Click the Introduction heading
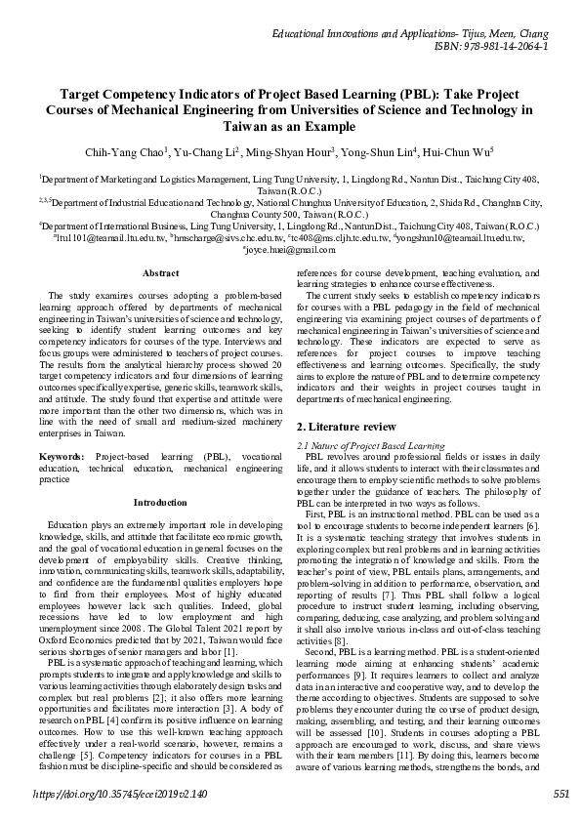click(x=160, y=503)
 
